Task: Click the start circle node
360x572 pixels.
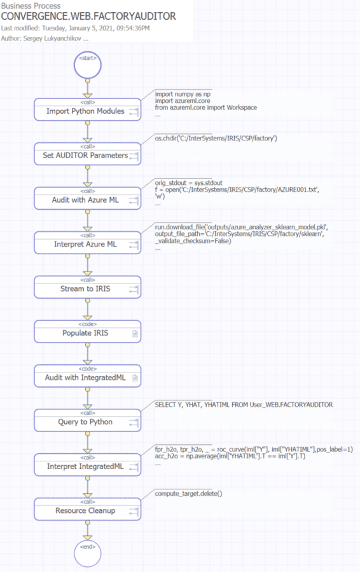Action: pos(87,65)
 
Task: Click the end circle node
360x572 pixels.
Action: pos(87,554)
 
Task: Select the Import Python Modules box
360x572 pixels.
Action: pos(87,109)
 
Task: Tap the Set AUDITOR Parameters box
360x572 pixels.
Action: pos(87,154)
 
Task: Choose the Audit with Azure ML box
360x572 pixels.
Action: pos(87,198)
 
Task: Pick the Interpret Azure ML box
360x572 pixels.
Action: pos(87,243)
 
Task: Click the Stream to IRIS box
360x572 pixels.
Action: pos(87,287)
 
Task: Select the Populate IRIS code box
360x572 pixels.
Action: pos(87,332)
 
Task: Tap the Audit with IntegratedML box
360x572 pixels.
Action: pos(87,376)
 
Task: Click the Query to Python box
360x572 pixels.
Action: pos(87,420)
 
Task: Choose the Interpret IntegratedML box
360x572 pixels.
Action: pos(87,465)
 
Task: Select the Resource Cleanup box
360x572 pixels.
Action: pos(87,509)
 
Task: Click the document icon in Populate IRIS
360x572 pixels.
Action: pos(135,334)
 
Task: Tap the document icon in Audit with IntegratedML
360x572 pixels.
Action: pos(135,378)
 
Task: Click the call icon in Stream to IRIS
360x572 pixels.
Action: pos(134,289)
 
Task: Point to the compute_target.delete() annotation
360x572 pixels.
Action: pos(188,494)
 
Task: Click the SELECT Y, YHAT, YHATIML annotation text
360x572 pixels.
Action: pos(244,405)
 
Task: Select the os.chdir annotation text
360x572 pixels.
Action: pos(216,139)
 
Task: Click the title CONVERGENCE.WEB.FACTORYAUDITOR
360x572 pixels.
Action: pos(88,16)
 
